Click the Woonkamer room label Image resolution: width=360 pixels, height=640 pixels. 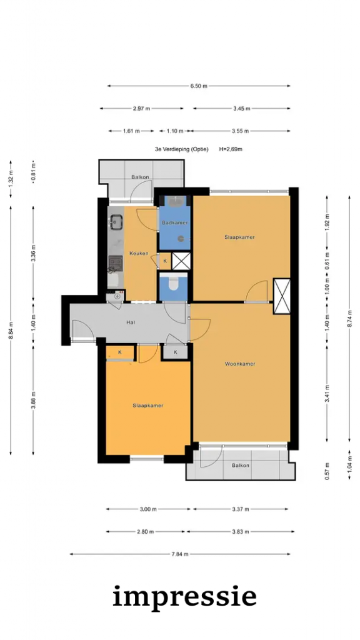pos(240,364)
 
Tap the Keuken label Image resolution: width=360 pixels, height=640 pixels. pos(139,253)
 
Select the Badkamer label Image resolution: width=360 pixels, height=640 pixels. pos(175,223)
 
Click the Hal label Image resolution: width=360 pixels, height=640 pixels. pos(131,322)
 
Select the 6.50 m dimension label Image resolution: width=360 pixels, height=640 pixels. pos(199,86)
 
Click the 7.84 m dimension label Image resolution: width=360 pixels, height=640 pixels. pos(180,554)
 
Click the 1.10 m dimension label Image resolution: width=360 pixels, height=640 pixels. pos(175,131)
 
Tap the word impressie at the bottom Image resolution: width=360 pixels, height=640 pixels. pos(184,597)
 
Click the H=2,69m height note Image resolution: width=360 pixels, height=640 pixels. pos(231,149)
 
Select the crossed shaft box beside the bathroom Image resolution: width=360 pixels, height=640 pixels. pos(181,261)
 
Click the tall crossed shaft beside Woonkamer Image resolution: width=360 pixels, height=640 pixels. pos(282,296)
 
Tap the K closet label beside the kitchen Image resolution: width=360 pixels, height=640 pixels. pos(165,261)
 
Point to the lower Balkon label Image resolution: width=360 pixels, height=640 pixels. pos(241,465)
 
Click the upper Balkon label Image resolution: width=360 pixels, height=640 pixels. pos(140,177)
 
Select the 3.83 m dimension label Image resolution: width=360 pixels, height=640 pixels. pos(240,531)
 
